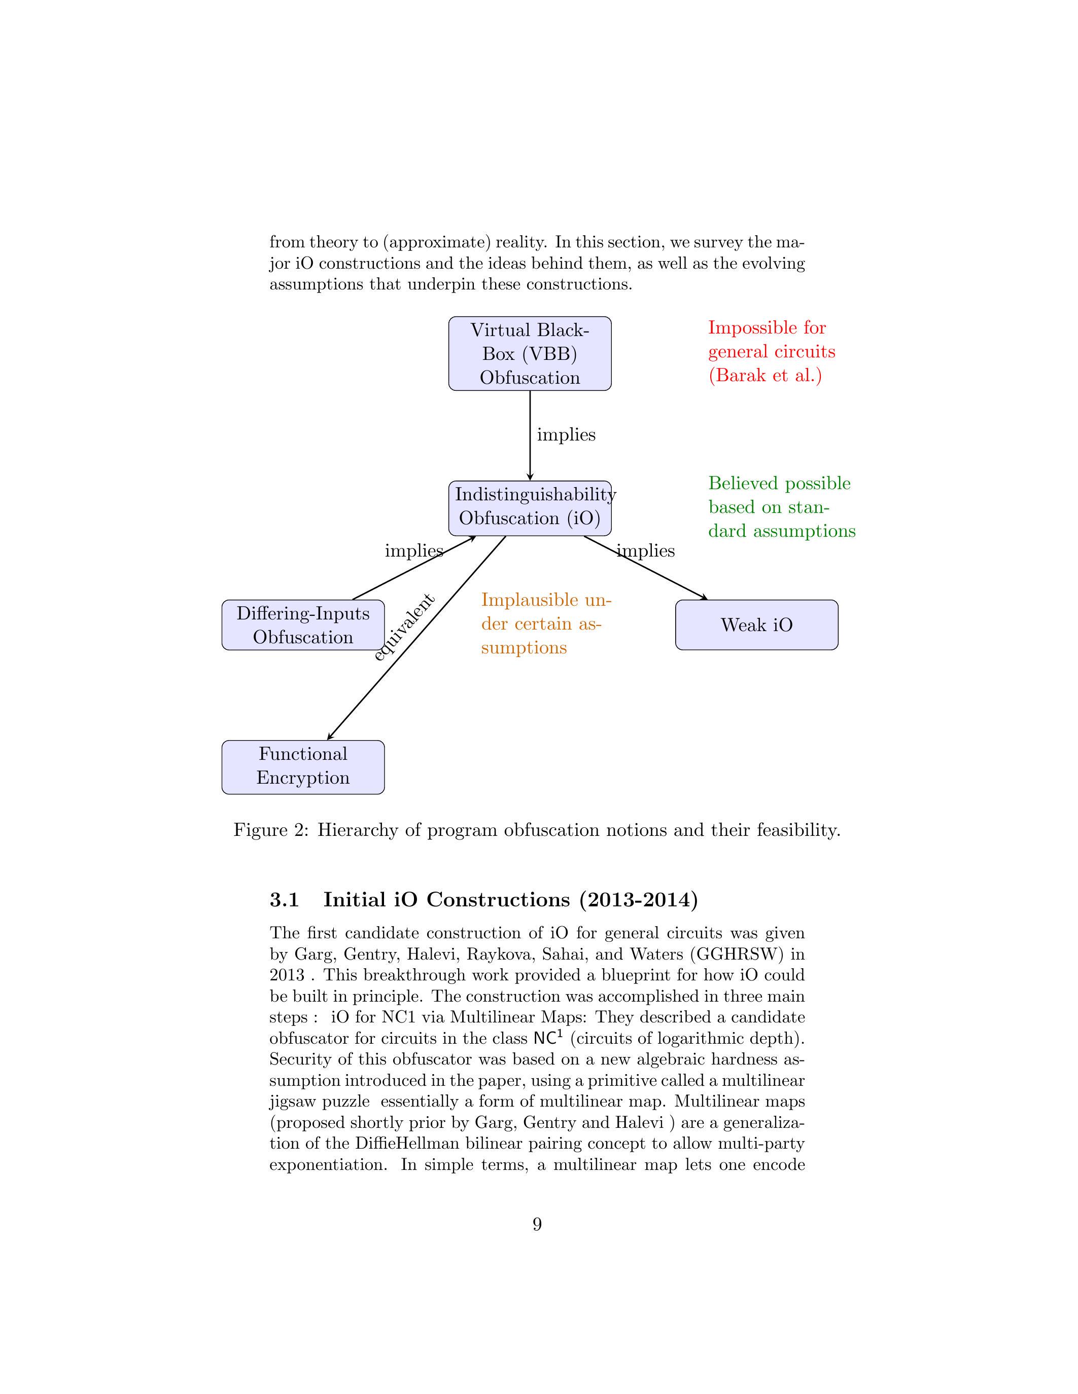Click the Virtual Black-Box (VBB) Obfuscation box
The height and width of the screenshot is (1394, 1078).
click(x=530, y=354)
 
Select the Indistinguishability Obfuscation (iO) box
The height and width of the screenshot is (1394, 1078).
click(x=530, y=507)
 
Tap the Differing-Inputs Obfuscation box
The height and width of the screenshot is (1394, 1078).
click(x=303, y=625)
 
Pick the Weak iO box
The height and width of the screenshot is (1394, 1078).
click(x=756, y=625)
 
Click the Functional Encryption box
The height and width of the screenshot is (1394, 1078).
click(x=303, y=766)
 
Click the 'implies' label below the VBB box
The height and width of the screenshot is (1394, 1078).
click(x=566, y=434)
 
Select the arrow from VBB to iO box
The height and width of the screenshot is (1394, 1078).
click(x=530, y=441)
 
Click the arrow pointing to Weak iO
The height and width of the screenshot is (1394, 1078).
click(x=645, y=567)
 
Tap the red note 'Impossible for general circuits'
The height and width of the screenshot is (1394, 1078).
click(x=771, y=352)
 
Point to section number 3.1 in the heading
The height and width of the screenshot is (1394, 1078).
click(x=284, y=900)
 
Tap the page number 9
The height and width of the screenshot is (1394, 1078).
click(x=537, y=1224)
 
